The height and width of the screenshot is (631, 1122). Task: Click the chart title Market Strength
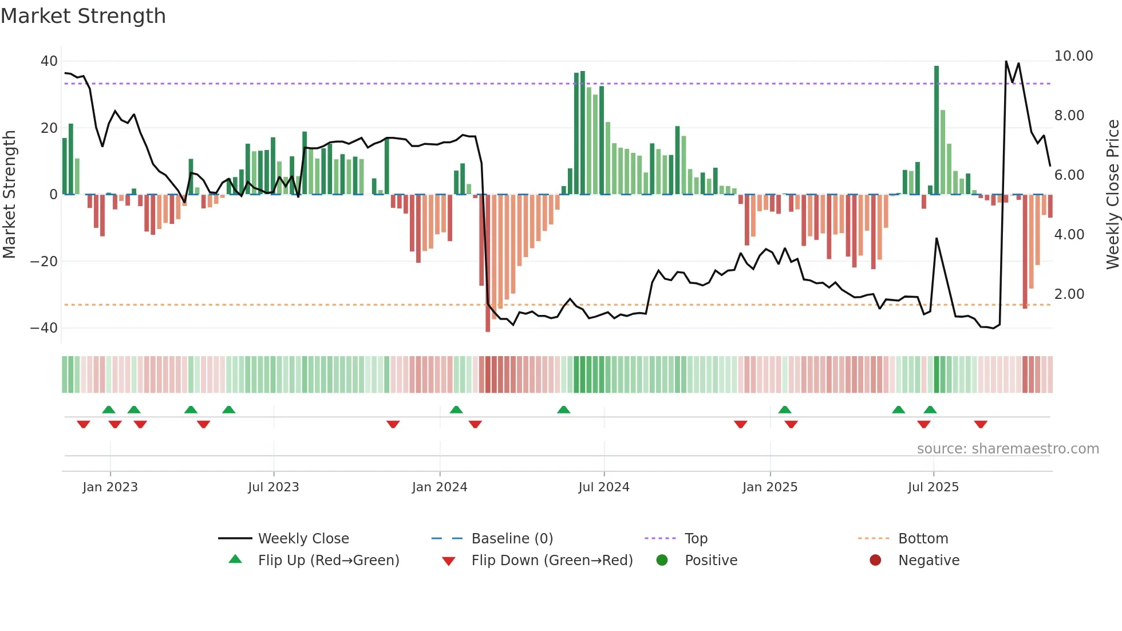pyautogui.click(x=83, y=16)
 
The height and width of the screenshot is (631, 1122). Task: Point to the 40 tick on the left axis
pyautogui.click(x=49, y=61)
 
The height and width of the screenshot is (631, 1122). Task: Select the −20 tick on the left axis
pyautogui.click(x=44, y=262)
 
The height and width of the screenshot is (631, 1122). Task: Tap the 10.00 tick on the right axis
pyautogui.click(x=1073, y=56)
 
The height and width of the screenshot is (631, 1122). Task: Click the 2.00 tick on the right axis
pyautogui.click(x=1069, y=294)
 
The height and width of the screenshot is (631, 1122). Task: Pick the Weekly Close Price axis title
pyautogui.click(x=1112, y=195)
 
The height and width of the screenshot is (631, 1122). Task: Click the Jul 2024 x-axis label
pyautogui.click(x=603, y=487)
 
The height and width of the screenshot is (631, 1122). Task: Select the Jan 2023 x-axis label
pyautogui.click(x=110, y=487)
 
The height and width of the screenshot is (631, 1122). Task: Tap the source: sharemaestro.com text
pyautogui.click(x=1008, y=449)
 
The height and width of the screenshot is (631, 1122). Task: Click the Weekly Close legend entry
pyautogui.click(x=303, y=539)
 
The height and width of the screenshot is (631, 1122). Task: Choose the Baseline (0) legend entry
pyautogui.click(x=512, y=539)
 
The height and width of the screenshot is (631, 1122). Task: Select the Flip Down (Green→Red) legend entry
pyautogui.click(x=552, y=561)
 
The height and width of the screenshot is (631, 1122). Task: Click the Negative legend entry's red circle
pyautogui.click(x=875, y=561)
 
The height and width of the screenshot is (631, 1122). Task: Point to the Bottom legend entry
pyautogui.click(x=923, y=539)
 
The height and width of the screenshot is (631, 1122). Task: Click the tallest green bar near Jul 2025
pyautogui.click(x=937, y=130)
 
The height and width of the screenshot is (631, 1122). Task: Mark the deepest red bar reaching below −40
pyautogui.click(x=488, y=263)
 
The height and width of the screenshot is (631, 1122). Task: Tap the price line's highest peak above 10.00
pyautogui.click(x=1006, y=62)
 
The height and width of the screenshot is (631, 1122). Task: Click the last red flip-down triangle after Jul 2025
pyautogui.click(x=981, y=424)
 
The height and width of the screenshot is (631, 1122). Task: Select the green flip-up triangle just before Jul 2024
pyautogui.click(x=563, y=409)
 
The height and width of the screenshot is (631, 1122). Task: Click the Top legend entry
pyautogui.click(x=696, y=539)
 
